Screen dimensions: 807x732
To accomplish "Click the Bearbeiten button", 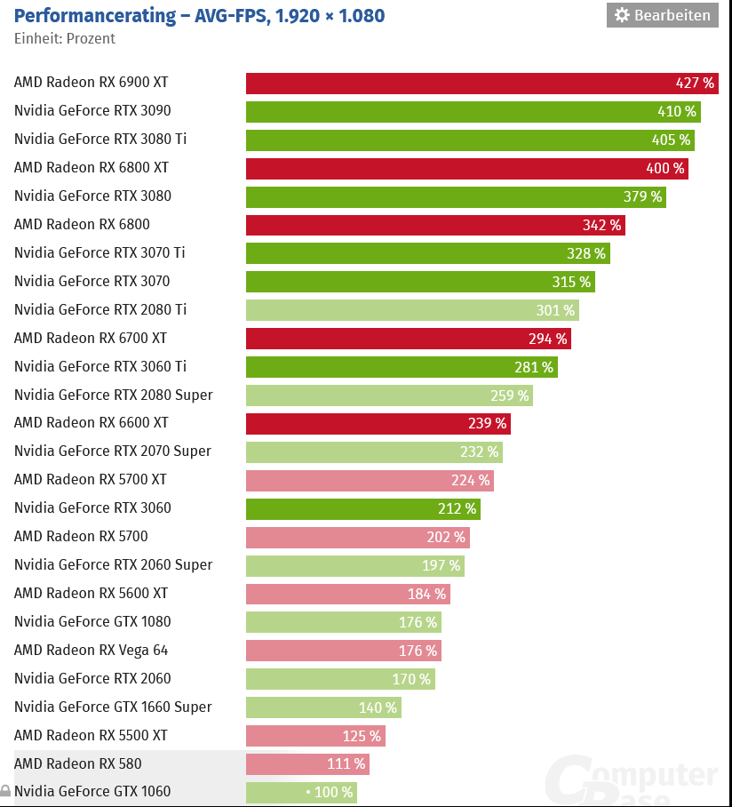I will click(663, 15).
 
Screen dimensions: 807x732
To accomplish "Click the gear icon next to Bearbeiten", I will click(622, 15).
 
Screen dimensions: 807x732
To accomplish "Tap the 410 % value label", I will click(677, 111).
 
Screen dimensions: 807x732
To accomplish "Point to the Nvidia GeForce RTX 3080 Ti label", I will click(100, 140).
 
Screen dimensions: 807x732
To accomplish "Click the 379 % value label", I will click(642, 196).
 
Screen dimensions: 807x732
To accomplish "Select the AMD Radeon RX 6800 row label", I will click(82, 225).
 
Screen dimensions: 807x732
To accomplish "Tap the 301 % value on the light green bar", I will click(555, 310).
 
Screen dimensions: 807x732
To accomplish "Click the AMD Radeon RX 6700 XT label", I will click(91, 338).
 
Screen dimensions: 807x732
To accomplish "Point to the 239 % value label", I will click(488, 423).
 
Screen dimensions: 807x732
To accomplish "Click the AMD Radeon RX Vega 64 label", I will click(91, 650).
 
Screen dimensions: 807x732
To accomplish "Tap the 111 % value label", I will click(346, 763).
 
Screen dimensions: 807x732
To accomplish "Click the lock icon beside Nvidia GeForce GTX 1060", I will click(5, 791).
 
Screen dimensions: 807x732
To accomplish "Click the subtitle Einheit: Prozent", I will click(65, 38).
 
